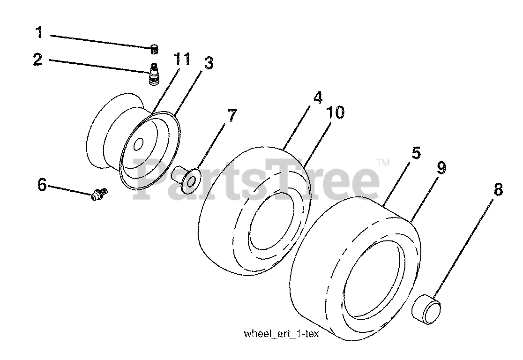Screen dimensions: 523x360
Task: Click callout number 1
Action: tap(39, 33)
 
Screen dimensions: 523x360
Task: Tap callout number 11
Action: tap(182, 60)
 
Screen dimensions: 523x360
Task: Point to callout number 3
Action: tap(208, 63)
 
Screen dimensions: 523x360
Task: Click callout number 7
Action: tap(232, 115)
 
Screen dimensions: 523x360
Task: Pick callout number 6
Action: tap(42, 185)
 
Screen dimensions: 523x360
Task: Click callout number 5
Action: tap(416, 153)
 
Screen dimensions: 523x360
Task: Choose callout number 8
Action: tap(497, 189)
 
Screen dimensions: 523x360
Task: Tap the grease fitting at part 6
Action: tap(99, 193)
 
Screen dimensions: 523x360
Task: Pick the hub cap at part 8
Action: tap(426, 310)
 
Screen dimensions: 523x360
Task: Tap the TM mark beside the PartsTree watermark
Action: tap(383, 163)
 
